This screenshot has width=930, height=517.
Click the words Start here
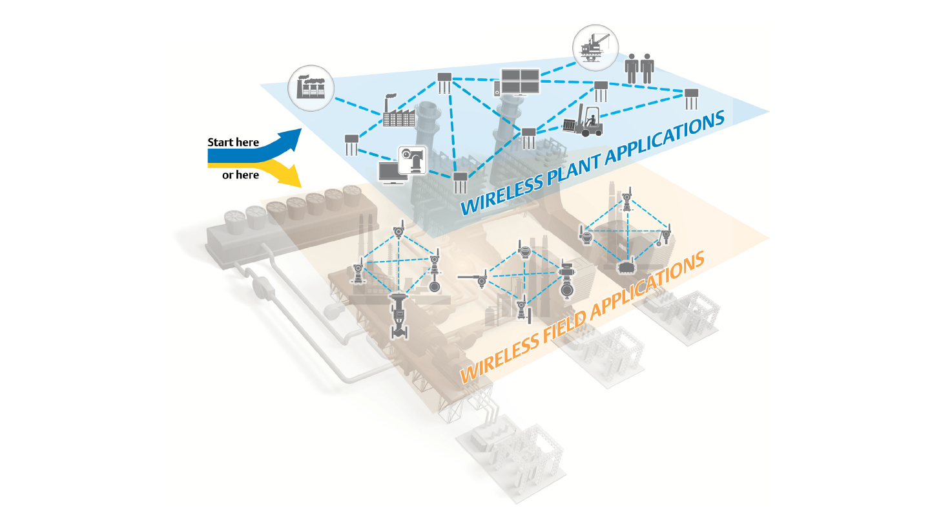pyautogui.click(x=233, y=142)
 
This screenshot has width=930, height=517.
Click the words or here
pyautogui.click(x=240, y=175)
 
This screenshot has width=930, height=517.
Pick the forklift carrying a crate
pyautogui.click(x=584, y=120)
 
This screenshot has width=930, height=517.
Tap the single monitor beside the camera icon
pyautogui.click(x=392, y=173)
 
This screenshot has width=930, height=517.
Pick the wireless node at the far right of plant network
pyautogui.click(x=692, y=99)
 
